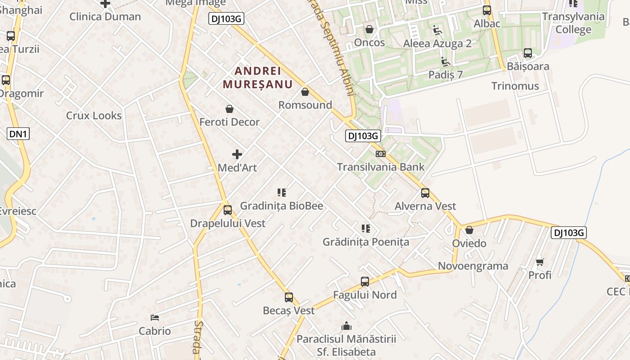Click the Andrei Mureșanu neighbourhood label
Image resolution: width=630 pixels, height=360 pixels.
(x=258, y=77)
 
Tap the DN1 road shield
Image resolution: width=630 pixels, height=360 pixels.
(x=18, y=134)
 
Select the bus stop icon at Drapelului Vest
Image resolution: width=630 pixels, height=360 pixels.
(x=228, y=210)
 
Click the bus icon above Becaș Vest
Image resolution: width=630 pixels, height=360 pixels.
(x=289, y=297)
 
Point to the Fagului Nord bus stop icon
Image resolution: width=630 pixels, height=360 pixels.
(x=365, y=282)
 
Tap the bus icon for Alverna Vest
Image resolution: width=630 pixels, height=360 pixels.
(x=425, y=193)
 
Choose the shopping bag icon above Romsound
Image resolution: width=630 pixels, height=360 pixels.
(x=305, y=92)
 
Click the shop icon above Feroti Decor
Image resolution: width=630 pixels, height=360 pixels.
(x=229, y=109)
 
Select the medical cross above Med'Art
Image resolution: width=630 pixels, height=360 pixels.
(x=237, y=154)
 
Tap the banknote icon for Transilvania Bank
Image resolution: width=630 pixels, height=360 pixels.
(x=381, y=154)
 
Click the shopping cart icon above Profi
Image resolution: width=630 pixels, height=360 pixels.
(x=540, y=262)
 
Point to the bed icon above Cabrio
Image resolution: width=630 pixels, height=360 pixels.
(x=155, y=318)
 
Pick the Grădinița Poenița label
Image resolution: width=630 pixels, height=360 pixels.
(x=366, y=242)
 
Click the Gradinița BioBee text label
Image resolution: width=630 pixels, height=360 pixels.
(x=281, y=206)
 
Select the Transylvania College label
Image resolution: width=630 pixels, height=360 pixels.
(x=573, y=23)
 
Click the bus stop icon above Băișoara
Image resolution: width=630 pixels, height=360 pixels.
(x=528, y=53)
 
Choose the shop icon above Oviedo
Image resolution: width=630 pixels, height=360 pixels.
(x=469, y=230)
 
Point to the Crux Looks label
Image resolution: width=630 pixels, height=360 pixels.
(x=94, y=116)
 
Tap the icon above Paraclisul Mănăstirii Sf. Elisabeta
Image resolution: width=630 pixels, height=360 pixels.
(x=346, y=325)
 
